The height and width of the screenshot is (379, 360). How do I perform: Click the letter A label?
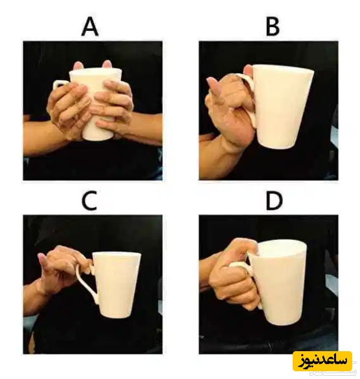(x=90, y=28)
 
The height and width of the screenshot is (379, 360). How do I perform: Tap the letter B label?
(x=273, y=28)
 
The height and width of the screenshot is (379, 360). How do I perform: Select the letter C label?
(x=90, y=201)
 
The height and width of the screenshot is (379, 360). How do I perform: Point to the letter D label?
(x=274, y=201)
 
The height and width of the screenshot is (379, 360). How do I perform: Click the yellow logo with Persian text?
(x=322, y=361)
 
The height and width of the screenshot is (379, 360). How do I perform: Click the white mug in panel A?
(x=96, y=104)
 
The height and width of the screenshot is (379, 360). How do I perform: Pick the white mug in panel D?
(x=278, y=283)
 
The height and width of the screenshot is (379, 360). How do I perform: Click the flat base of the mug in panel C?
(x=115, y=316)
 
